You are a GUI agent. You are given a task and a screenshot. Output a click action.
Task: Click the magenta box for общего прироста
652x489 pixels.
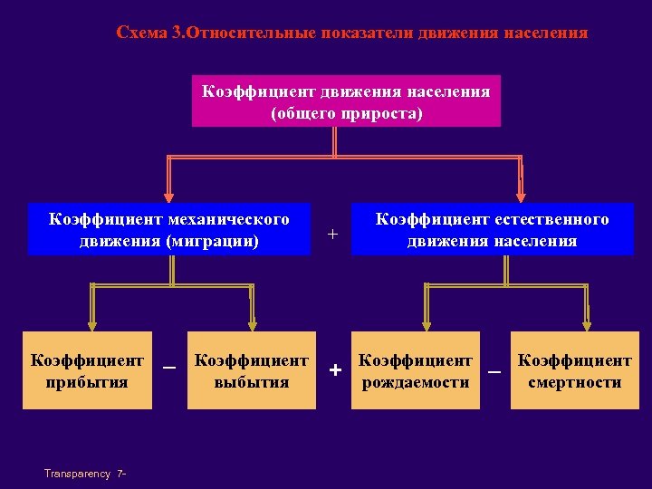[346, 101]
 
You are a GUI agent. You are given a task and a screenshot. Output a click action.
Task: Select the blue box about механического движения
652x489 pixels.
[169, 230]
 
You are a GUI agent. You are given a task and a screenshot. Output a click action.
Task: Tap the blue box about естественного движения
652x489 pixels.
[492, 230]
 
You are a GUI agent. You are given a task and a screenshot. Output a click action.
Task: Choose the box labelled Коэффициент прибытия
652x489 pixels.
[87, 370]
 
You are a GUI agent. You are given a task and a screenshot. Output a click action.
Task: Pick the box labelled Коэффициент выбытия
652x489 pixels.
[252, 370]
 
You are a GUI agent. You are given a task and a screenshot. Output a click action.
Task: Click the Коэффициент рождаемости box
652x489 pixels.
[416, 370]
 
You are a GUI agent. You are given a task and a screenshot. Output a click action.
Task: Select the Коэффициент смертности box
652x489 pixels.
[574, 370]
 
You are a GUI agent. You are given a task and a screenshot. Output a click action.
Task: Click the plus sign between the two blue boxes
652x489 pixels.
[332, 235]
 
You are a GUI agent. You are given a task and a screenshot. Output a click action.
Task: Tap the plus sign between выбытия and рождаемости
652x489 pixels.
[335, 370]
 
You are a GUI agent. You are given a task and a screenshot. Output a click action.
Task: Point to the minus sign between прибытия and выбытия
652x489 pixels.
[168, 368]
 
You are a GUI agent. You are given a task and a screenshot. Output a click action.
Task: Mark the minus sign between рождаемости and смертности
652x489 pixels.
[494, 371]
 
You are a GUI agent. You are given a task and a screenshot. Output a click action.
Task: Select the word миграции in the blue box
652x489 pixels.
[216, 241]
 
